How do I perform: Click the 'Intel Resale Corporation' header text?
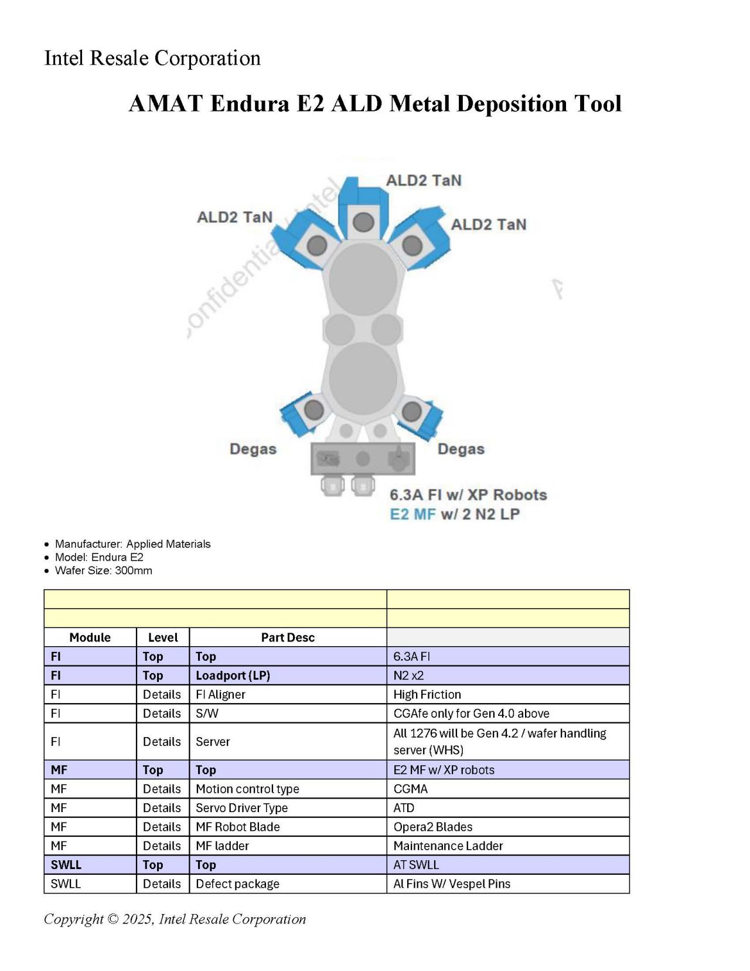tap(152, 58)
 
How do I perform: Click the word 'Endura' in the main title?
tap(250, 104)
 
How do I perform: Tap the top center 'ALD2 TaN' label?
tap(424, 180)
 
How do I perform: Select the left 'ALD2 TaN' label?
tap(235, 218)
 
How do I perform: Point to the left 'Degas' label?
tap(253, 449)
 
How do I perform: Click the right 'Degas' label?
tap(461, 449)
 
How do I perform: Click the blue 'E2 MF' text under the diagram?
tap(412, 514)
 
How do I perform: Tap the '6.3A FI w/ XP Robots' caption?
tap(468, 495)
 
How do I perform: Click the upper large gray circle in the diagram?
tap(363, 280)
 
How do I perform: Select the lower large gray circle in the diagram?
tap(363, 379)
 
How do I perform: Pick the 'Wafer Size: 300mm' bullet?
tap(103, 571)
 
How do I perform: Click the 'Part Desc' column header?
tap(288, 637)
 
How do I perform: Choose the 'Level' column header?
tap(163, 637)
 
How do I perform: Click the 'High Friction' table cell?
tap(427, 694)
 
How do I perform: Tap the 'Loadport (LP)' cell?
tap(233, 675)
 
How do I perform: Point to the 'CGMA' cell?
tap(410, 789)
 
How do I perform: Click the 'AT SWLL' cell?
tap(416, 865)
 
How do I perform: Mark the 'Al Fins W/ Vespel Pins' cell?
tap(452, 884)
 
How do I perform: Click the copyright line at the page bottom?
tap(175, 919)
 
